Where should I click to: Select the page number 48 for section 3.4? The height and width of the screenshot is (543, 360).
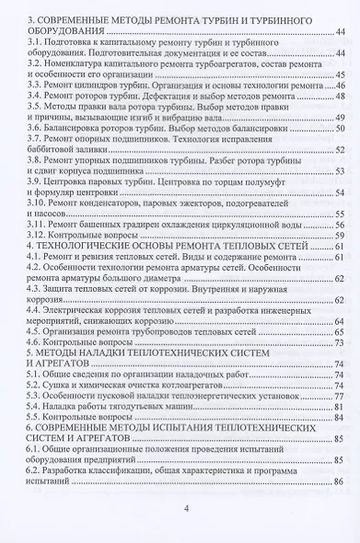point(339,97)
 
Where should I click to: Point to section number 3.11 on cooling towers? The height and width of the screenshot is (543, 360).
point(36,224)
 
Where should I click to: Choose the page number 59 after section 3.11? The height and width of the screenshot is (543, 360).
point(339,224)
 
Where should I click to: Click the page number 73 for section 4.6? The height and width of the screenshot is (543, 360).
point(339,343)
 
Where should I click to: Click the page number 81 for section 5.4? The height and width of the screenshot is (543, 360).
point(339,415)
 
